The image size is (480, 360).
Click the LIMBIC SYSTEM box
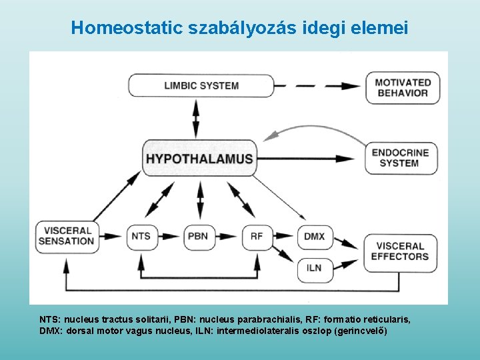coord(201,85)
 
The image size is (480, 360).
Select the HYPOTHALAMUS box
coord(199,159)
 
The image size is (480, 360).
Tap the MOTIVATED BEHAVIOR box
coord(402,87)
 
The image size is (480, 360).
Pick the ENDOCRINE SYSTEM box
coord(400,157)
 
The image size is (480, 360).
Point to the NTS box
coord(141,236)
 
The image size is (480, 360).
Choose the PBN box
coord(197,236)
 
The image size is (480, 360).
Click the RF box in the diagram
coord(257,236)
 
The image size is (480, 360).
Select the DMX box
coord(314,236)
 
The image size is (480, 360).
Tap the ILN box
coord(314,268)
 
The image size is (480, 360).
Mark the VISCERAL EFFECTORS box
coord(400,251)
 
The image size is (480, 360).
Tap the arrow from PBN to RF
coord(227,236)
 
